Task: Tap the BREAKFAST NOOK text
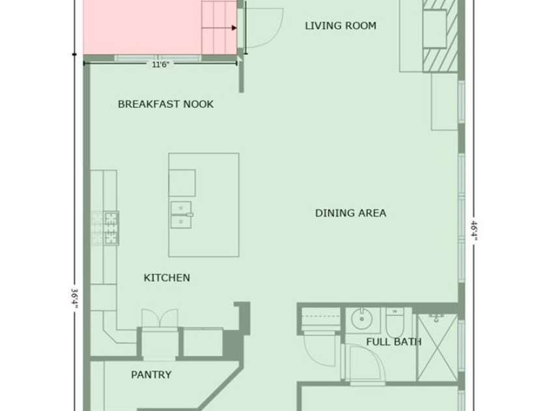(x=165, y=104)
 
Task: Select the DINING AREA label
(x=350, y=213)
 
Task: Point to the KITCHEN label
(x=167, y=278)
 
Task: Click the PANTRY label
(x=151, y=375)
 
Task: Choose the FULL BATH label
(x=393, y=341)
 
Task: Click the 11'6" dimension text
(x=161, y=65)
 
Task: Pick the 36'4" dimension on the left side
(x=76, y=299)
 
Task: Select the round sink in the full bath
(x=360, y=319)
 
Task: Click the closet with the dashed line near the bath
(x=320, y=321)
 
